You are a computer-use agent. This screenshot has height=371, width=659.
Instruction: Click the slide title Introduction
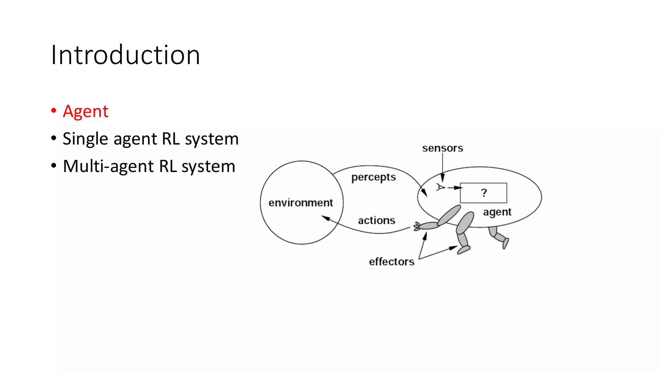click(x=125, y=55)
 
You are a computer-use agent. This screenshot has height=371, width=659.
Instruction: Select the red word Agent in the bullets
click(x=86, y=111)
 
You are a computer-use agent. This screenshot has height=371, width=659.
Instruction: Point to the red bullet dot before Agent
click(x=54, y=111)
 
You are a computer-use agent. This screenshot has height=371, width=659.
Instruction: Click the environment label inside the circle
click(x=301, y=203)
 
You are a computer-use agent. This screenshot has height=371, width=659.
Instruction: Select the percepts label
click(x=373, y=177)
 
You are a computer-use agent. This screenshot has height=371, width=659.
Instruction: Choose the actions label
click(x=376, y=221)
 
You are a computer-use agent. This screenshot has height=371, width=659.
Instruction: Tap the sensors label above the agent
click(x=442, y=148)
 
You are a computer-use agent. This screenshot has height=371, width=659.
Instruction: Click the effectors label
click(x=392, y=262)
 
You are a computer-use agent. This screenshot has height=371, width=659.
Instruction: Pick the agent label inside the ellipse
click(x=497, y=212)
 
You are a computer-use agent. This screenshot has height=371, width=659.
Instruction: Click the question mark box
click(x=483, y=193)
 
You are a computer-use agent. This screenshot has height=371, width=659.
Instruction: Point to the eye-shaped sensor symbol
click(x=440, y=187)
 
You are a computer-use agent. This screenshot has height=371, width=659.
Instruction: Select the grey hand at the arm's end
click(x=417, y=226)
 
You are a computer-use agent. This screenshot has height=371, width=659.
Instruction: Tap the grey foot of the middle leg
click(x=464, y=250)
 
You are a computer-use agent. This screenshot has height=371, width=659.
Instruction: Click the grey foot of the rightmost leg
click(x=506, y=243)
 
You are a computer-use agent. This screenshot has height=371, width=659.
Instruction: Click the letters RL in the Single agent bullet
click(x=171, y=139)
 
